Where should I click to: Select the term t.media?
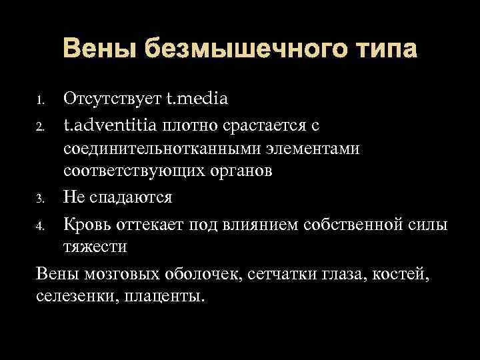pos(197,99)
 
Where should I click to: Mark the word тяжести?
pos(95,247)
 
